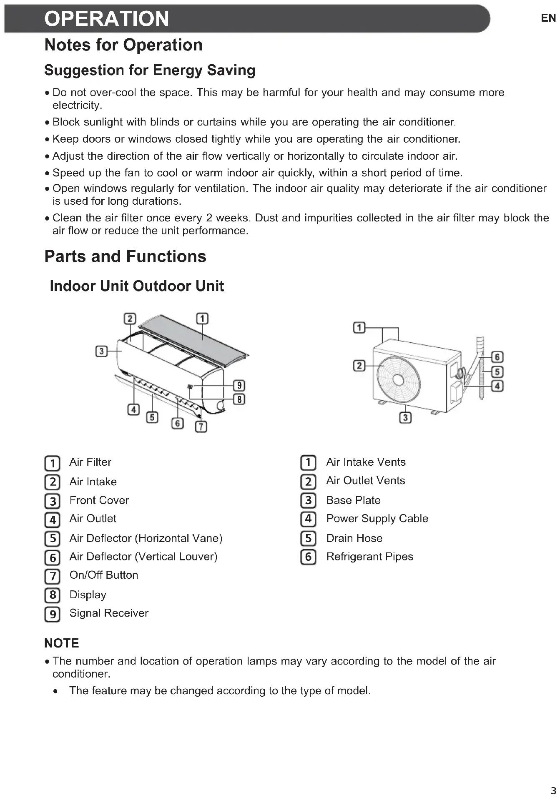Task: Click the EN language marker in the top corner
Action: pyautogui.click(x=548, y=18)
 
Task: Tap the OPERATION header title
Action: pyautogui.click(x=107, y=19)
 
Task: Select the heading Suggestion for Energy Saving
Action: pyautogui.click(x=150, y=70)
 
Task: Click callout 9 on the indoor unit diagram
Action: pyautogui.click(x=239, y=385)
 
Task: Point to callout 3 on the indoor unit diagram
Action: pyautogui.click(x=101, y=351)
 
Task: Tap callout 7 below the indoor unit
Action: pyautogui.click(x=201, y=426)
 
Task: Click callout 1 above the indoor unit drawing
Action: pyautogui.click(x=202, y=319)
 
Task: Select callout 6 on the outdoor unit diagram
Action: pyautogui.click(x=497, y=357)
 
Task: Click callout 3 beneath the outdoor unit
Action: pyautogui.click(x=405, y=417)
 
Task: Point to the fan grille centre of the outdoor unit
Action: pyautogui.click(x=398, y=380)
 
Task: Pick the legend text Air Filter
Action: pyautogui.click(x=90, y=462)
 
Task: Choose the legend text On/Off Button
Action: pyautogui.click(x=104, y=575)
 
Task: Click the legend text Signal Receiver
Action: pyautogui.click(x=109, y=613)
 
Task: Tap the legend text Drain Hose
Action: pyautogui.click(x=354, y=538)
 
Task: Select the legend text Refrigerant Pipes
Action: pyautogui.click(x=369, y=557)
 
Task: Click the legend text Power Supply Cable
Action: pyautogui.click(x=377, y=518)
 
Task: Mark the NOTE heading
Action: pyautogui.click(x=62, y=643)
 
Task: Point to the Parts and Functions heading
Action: pyautogui.click(x=125, y=256)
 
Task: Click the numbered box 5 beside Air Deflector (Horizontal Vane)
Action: pyautogui.click(x=53, y=539)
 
